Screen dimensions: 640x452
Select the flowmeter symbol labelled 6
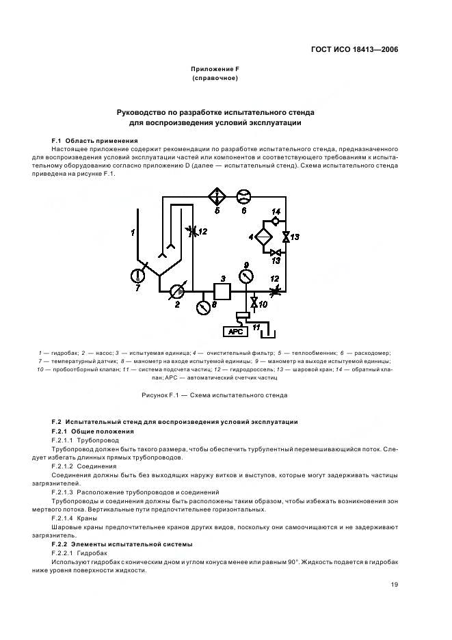(243, 197)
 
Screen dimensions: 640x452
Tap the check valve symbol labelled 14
(276, 221)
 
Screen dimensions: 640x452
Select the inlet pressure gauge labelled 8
(202, 308)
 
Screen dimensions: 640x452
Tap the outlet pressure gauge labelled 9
(246, 276)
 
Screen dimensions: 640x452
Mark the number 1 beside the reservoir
(133, 233)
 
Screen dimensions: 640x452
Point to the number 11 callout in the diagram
(258, 328)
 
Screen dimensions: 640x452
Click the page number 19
(395, 584)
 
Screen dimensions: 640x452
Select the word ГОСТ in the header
(322, 49)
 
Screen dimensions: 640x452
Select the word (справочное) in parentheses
(215, 79)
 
